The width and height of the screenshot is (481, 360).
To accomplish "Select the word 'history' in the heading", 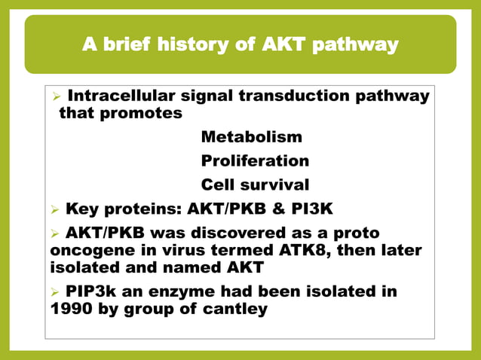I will click(201, 46).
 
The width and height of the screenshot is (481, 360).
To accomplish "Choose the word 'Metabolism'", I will click(251, 137).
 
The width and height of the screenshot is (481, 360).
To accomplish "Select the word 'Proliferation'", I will click(255, 160).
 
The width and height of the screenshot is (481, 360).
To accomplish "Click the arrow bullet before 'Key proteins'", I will click(55, 209).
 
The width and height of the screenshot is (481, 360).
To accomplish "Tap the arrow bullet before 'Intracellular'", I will click(55, 97).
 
